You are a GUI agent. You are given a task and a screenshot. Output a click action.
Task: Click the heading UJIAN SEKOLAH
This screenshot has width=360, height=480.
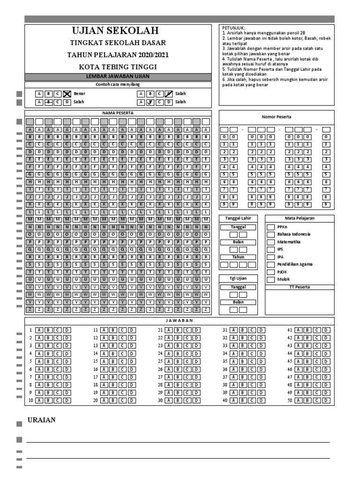(118, 31)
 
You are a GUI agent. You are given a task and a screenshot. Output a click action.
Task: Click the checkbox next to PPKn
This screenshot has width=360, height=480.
(270, 227)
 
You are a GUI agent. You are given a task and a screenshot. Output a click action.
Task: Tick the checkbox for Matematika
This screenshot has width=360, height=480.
(270, 242)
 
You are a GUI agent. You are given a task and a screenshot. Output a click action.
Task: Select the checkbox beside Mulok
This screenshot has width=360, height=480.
(270, 279)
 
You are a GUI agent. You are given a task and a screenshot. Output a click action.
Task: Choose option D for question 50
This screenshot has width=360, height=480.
(326, 400)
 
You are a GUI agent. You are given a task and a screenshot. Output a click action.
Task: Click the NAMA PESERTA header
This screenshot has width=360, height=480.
(118, 113)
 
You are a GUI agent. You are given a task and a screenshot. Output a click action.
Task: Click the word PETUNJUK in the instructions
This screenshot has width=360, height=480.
(234, 28)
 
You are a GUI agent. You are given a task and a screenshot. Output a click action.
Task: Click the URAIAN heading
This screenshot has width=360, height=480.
(41, 420)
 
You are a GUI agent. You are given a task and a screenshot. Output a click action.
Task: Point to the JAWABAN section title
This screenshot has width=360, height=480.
(180, 321)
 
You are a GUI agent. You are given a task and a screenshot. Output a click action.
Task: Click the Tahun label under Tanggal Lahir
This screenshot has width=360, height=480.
(238, 257)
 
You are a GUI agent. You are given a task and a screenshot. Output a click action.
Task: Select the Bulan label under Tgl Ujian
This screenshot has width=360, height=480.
(238, 302)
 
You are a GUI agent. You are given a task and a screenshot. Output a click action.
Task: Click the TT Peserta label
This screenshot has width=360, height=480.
(300, 287)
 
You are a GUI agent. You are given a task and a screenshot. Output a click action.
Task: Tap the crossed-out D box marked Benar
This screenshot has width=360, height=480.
(67, 94)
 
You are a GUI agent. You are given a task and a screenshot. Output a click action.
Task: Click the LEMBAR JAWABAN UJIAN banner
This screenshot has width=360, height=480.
(118, 76)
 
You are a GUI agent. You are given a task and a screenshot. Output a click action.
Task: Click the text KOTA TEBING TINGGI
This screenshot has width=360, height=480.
(118, 67)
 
